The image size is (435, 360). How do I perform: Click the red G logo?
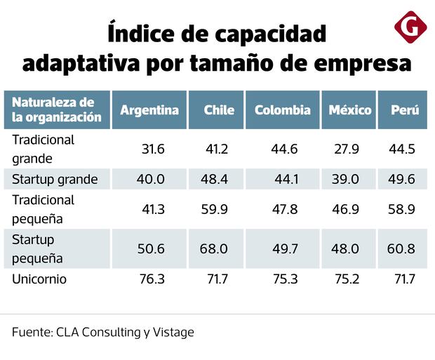pyautogui.click(x=410, y=27)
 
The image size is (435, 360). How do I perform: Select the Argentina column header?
pyautogui.click(x=149, y=110)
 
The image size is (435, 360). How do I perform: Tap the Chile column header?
pyautogui.click(x=219, y=110)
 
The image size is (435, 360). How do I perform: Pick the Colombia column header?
pyautogui.click(x=282, y=110)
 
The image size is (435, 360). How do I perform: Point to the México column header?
pyautogui.click(x=349, y=110)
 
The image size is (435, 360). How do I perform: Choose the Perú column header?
pyautogui.click(x=406, y=110)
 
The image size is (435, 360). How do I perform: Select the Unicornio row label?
pyautogui.click(x=39, y=279)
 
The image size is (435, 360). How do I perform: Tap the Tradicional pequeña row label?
pyautogui.click(x=43, y=209)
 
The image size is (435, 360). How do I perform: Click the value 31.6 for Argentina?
pyautogui.click(x=152, y=149)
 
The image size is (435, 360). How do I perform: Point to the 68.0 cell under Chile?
pyautogui.click(x=214, y=249)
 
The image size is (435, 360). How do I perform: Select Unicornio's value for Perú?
pyautogui.click(x=404, y=279)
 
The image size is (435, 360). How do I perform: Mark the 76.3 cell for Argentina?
pyautogui.click(x=152, y=279)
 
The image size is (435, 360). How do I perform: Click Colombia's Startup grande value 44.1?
pyautogui.click(x=286, y=179)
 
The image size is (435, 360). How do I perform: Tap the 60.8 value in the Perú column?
pyautogui.click(x=401, y=249)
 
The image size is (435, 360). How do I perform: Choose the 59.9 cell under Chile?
pyautogui.click(x=214, y=209)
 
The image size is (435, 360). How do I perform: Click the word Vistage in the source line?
pyautogui.click(x=172, y=332)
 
